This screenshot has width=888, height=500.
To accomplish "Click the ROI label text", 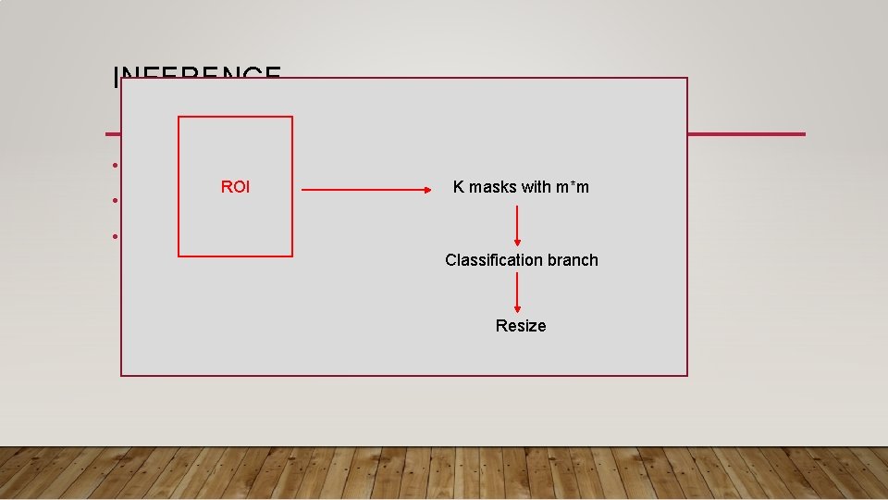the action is point(235,187).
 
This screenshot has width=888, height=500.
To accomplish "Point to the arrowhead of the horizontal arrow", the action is point(426,192).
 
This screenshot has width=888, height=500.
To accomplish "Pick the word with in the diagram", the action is point(536,187).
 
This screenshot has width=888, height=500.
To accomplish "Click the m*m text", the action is point(572,187).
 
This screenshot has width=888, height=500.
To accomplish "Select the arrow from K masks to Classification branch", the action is point(517,225).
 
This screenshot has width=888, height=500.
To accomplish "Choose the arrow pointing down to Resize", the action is point(517,293).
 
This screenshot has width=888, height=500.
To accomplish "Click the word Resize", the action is point(521,326).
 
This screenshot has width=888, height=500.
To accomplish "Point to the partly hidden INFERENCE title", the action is point(196,73).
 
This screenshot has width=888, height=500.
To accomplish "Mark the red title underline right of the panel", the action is point(746,134).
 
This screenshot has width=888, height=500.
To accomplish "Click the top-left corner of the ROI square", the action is point(179,117).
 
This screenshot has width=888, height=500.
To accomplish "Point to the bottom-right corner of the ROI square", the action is point(292,256).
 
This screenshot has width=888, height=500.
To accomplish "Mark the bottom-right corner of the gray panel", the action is point(687,375).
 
